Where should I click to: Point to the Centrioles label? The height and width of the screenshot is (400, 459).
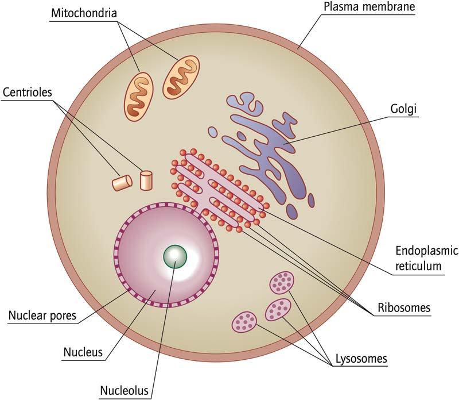tap(28, 92)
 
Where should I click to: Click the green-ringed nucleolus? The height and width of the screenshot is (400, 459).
tap(174, 256)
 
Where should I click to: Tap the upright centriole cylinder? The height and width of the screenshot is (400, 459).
tap(146, 180)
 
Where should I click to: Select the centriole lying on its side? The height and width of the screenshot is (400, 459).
tap(122, 183)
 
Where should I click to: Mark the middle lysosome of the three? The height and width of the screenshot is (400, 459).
tap(278, 310)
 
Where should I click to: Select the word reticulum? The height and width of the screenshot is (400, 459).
tap(419, 266)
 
